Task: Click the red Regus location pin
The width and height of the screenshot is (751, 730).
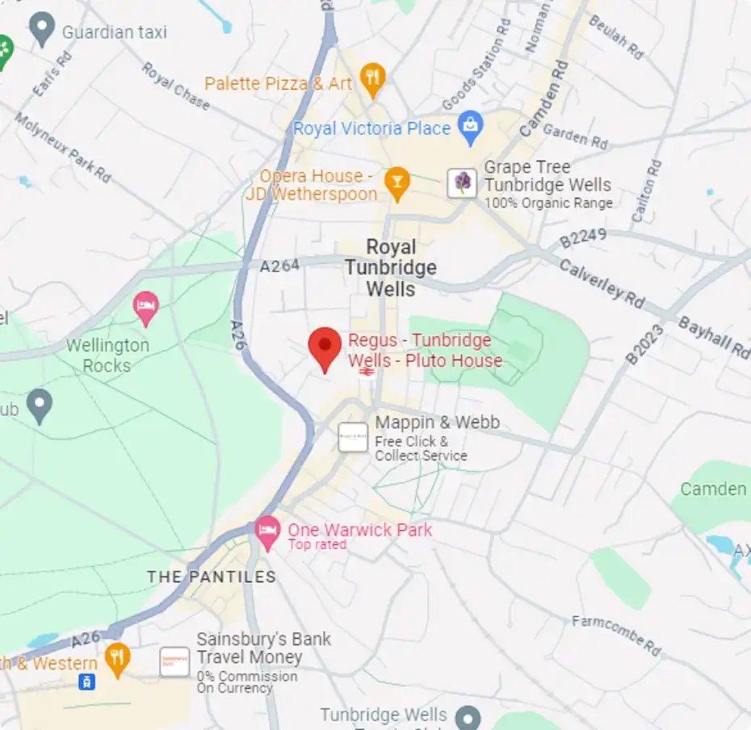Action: [325, 347]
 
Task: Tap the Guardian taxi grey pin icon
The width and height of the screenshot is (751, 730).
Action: [41, 31]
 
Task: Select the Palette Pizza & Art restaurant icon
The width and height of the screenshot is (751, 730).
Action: [372, 79]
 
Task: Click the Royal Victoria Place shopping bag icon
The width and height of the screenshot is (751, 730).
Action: [469, 124]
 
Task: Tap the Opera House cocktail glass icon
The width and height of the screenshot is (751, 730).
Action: [396, 182]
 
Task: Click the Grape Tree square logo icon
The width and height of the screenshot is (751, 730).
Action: [463, 182]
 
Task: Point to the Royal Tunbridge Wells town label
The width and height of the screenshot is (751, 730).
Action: [391, 268]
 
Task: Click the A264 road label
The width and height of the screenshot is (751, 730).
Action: [280, 266]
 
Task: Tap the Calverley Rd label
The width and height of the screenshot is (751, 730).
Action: [602, 283]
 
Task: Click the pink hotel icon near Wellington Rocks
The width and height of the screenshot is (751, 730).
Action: [145, 307]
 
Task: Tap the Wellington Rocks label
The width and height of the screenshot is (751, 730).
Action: [107, 355]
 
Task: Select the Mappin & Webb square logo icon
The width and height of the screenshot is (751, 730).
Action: [353, 437]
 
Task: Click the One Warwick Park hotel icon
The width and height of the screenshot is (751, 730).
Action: [267, 531]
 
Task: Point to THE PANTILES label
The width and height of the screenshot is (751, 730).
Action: [212, 577]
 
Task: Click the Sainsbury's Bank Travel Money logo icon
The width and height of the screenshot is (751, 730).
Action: [174, 661]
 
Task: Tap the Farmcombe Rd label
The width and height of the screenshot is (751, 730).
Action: [616, 635]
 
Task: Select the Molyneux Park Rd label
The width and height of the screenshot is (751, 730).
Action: [62, 148]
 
